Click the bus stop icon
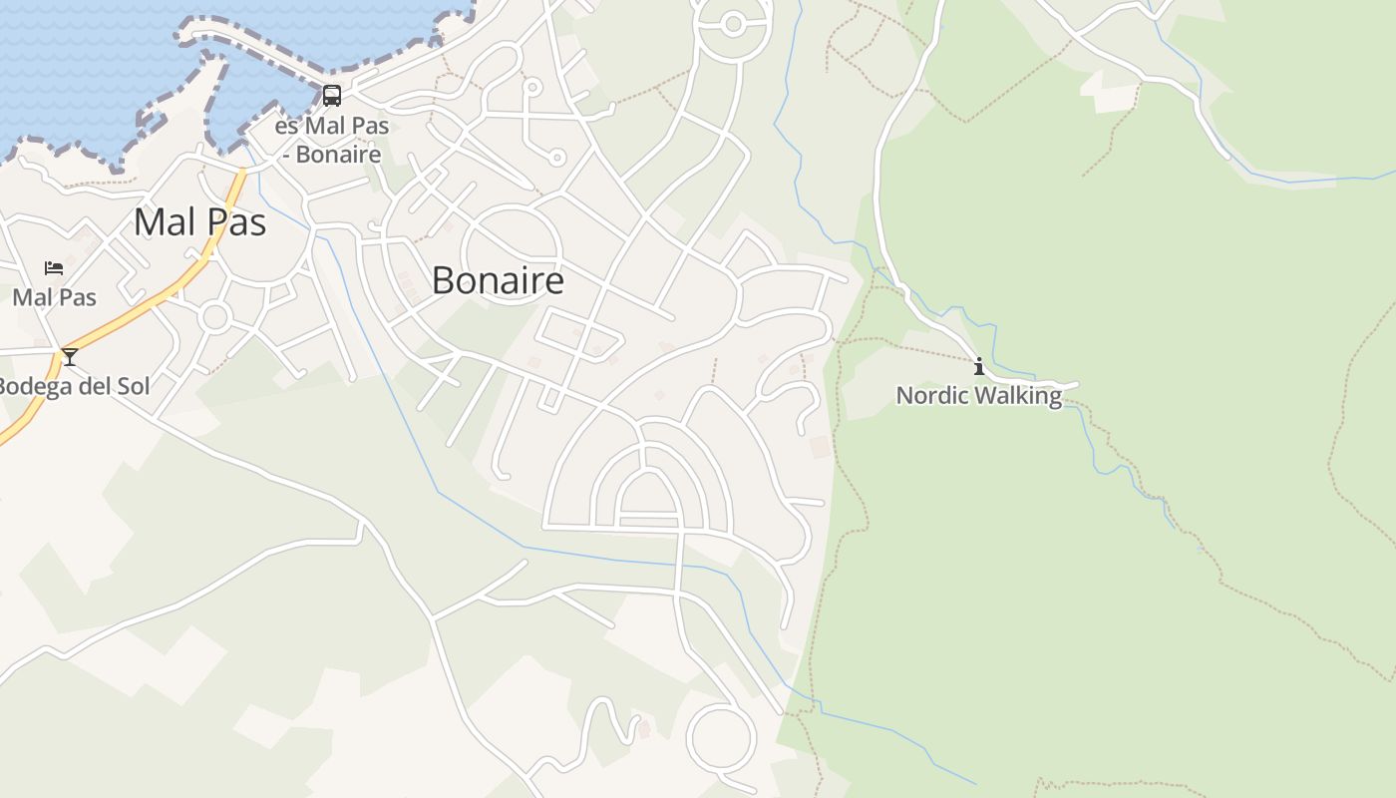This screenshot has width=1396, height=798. point(332,96)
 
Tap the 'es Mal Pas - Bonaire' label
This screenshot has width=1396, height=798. point(331,141)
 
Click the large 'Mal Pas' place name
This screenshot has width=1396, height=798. point(200,221)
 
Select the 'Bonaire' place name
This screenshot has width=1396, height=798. point(498,280)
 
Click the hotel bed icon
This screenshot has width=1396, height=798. point(54,268)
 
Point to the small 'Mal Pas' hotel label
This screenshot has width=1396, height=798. point(55,297)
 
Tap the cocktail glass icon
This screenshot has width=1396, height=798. point(70,356)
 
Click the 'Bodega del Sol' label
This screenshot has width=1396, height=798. point(74,386)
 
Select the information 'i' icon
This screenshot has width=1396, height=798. point(979,367)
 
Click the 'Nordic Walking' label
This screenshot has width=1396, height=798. point(979,395)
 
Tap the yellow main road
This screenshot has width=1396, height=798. point(150,298)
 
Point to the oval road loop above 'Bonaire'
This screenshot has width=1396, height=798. point(511,253)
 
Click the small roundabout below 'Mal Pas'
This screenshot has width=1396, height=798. point(214,318)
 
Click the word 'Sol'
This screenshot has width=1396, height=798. point(132,386)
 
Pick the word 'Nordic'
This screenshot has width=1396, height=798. point(932,395)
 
